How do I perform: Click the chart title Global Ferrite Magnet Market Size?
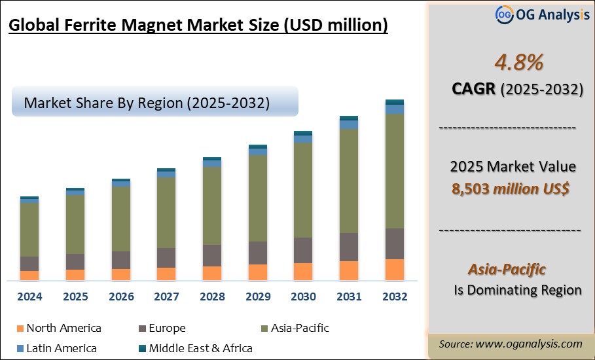198,26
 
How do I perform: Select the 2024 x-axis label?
29,297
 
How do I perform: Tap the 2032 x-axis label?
394,297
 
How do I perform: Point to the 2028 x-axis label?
212,297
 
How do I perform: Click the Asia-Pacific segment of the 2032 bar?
394,171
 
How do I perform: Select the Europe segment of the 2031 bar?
349,247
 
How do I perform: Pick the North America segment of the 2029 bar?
258,272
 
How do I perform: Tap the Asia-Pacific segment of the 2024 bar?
29,229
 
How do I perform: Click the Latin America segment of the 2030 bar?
303,139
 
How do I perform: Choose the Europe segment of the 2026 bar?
121,260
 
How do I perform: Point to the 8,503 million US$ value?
511,189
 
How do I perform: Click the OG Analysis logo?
543,14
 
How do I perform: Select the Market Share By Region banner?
154,103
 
